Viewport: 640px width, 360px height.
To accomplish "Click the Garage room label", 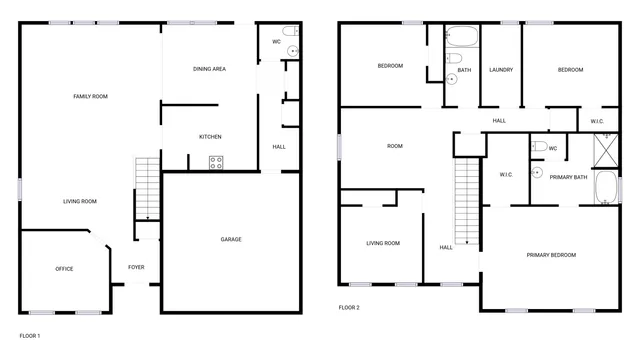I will [x=231, y=239].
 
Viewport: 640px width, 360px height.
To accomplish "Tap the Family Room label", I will [x=90, y=96].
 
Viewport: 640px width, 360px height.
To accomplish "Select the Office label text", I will [x=64, y=269].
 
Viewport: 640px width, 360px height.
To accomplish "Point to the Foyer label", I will [x=136, y=267].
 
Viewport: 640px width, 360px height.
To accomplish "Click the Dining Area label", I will [x=208, y=69].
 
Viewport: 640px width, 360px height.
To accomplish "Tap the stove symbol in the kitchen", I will [x=215, y=162].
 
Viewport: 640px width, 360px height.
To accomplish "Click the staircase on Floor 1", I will [x=147, y=187].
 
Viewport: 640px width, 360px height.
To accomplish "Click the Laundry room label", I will [x=501, y=69].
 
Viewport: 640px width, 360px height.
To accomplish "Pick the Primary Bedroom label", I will [x=551, y=255].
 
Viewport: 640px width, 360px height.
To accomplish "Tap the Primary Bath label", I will [x=568, y=177].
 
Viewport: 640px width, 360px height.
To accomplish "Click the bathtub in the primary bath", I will [x=605, y=187].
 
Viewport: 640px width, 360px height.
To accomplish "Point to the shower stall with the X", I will [x=605, y=148].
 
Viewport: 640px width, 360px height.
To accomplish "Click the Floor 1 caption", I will [x=30, y=336].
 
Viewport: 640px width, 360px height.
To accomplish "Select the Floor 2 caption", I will [x=349, y=307].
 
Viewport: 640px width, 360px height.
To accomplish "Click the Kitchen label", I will [x=210, y=137].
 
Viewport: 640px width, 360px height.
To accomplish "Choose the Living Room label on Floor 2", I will [x=382, y=243].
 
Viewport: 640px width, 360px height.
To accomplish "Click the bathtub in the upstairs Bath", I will [x=463, y=37].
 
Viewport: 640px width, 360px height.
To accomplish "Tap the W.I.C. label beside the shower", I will [x=597, y=122].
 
